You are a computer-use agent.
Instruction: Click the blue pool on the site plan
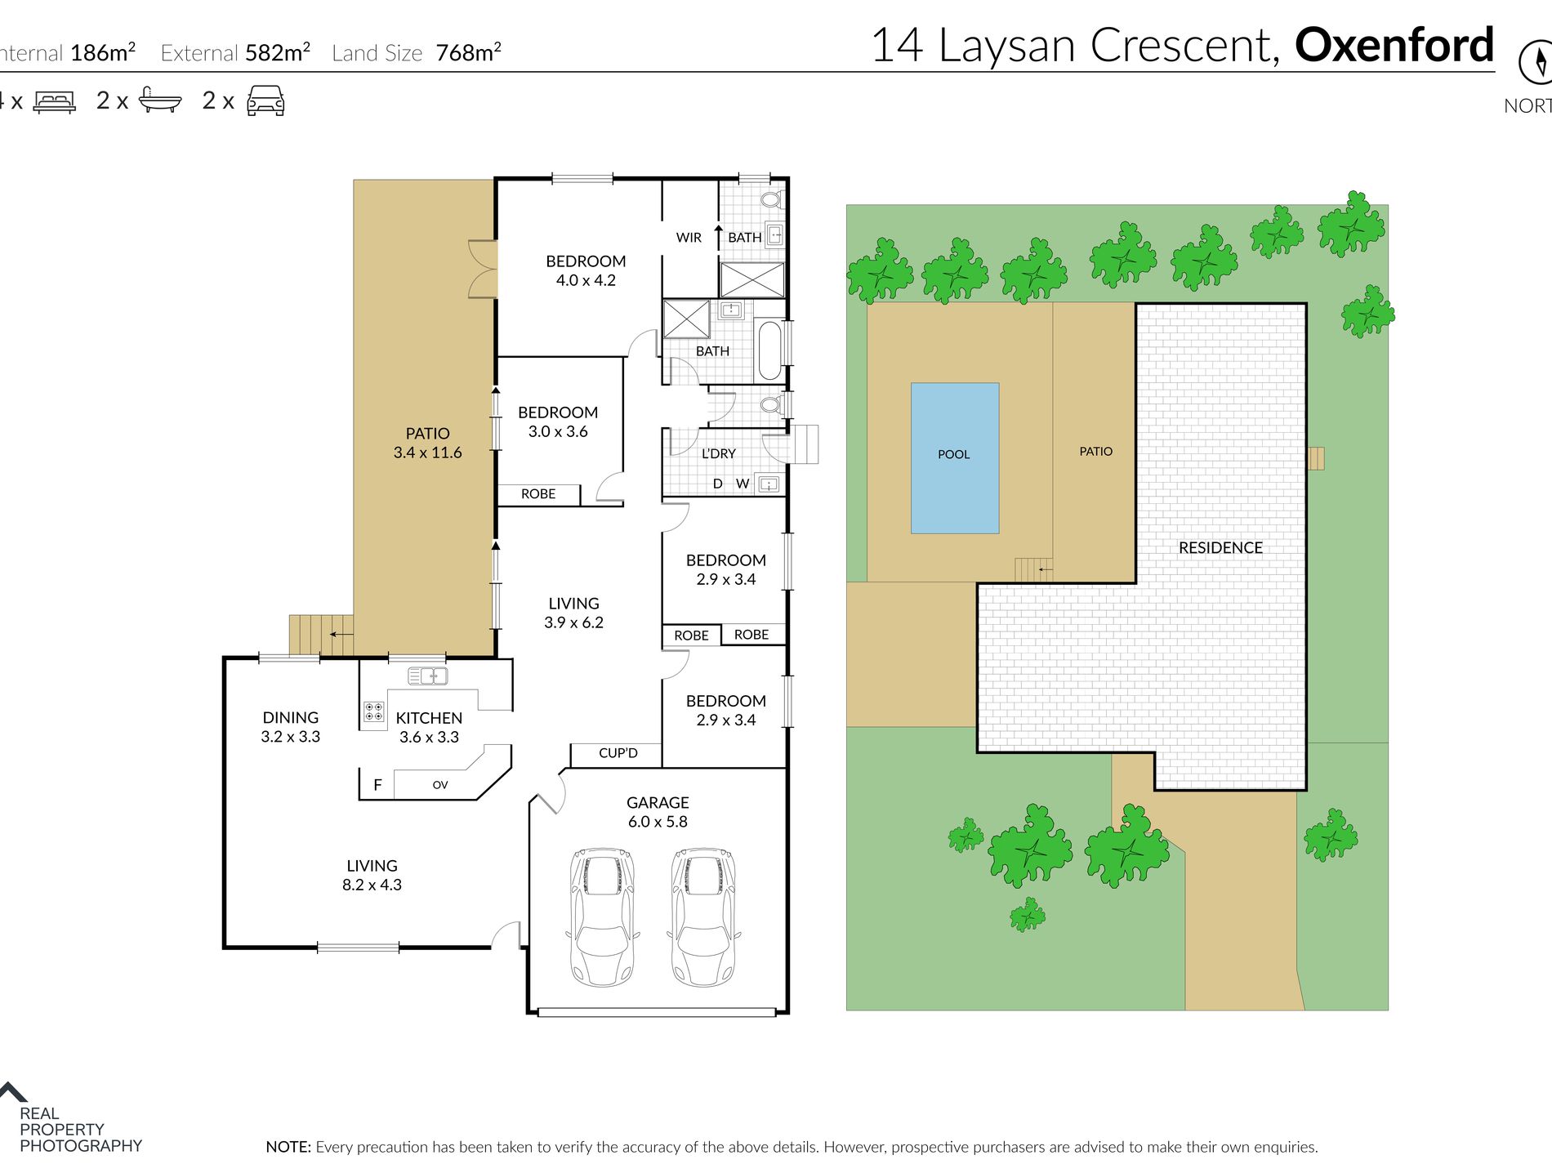pyautogui.click(x=955, y=458)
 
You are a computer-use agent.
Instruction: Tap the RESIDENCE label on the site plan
pyautogui.click(x=1220, y=548)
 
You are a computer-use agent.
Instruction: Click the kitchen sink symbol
pyautogui.click(x=428, y=676)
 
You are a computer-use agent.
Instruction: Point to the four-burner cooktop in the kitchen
pyautogui.click(x=374, y=711)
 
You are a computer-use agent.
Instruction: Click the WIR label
pyautogui.click(x=689, y=238)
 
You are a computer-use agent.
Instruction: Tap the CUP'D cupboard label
pyautogui.click(x=618, y=753)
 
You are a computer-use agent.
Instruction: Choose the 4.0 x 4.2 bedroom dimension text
pyautogui.click(x=586, y=280)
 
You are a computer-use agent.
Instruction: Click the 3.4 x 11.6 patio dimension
pyautogui.click(x=427, y=453)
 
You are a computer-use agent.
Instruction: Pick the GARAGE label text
pyautogui.click(x=658, y=803)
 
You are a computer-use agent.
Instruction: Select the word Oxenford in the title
pyautogui.click(x=1394, y=45)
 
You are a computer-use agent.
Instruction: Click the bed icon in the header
pyautogui.click(x=54, y=101)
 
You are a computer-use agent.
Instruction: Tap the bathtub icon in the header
pyautogui.click(x=160, y=100)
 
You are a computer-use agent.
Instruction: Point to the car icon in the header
pyautogui.click(x=265, y=101)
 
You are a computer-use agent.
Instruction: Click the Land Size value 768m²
pyautogui.click(x=468, y=52)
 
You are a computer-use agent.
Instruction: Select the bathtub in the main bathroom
pyautogui.click(x=769, y=350)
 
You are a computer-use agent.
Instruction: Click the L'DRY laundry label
pyautogui.click(x=719, y=453)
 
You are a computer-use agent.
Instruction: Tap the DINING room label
pyautogui.click(x=290, y=718)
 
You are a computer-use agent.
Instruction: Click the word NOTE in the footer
pyautogui.click(x=288, y=1147)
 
